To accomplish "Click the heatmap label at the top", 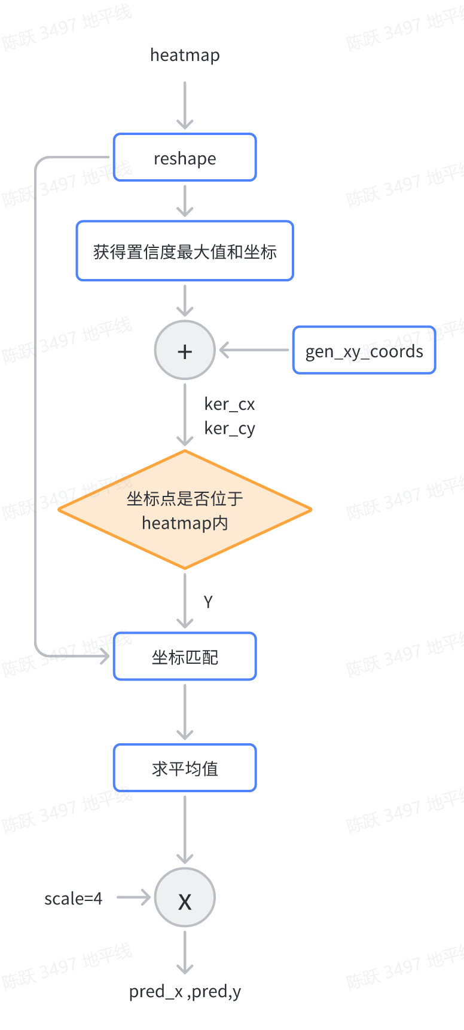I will pyautogui.click(x=185, y=55).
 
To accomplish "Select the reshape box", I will pyautogui.click(x=185, y=158).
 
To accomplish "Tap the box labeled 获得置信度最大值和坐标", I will pyautogui.click(x=185, y=251).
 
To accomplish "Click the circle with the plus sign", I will pyautogui.click(x=185, y=350).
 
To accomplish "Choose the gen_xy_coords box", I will pyautogui.click(x=364, y=351).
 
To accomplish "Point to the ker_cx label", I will pyautogui.click(x=230, y=404).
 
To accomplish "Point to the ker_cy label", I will pyautogui.click(x=230, y=428).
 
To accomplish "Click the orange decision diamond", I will pyautogui.click(x=185, y=510).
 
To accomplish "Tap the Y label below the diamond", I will pyautogui.click(x=208, y=602).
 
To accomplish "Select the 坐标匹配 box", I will pyautogui.click(x=185, y=657).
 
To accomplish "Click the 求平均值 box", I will pyautogui.click(x=185, y=768).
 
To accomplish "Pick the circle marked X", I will pyautogui.click(x=185, y=897).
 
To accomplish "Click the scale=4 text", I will pyautogui.click(x=73, y=899).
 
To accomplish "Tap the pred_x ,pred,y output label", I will pyautogui.click(x=185, y=992).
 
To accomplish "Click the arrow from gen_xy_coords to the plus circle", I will pyautogui.click(x=254, y=350).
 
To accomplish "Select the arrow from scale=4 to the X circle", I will pyautogui.click(x=133, y=897).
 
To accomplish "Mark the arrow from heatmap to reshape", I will pyautogui.click(x=185, y=105).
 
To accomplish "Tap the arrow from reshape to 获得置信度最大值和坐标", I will pyautogui.click(x=185, y=201).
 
